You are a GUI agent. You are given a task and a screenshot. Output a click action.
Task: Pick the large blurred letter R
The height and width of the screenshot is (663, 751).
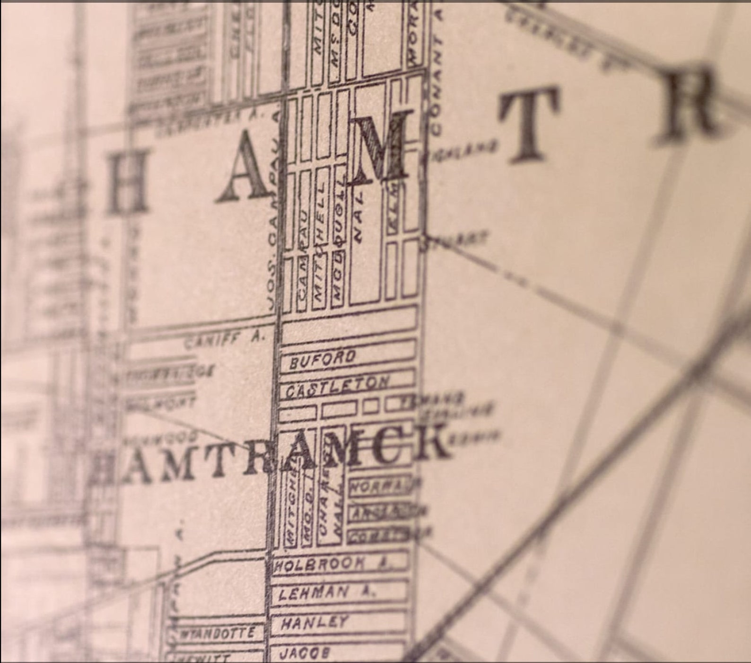pos(688,102)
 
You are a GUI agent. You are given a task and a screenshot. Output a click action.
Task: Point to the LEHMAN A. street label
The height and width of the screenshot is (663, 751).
pos(326,592)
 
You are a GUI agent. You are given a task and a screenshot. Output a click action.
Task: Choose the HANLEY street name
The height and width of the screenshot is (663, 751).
pos(314,623)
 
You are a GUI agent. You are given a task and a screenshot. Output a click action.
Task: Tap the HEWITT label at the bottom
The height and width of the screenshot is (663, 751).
pos(201,658)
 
